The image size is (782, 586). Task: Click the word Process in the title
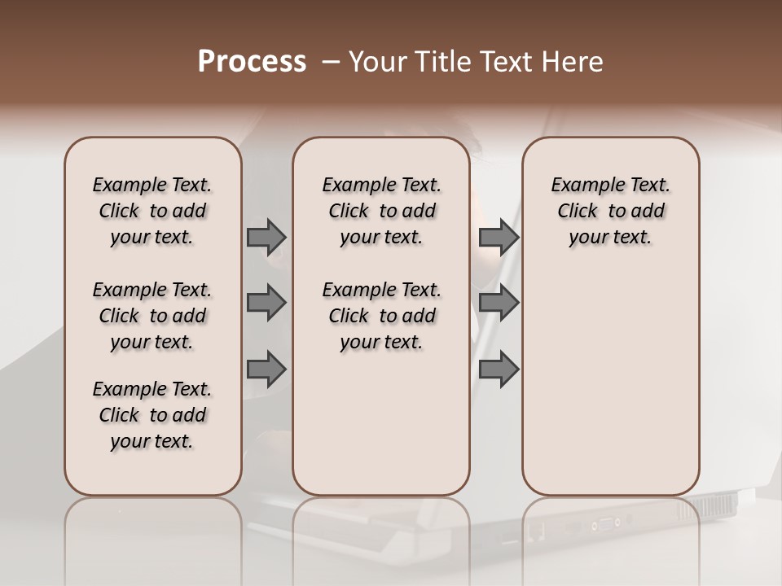(252, 62)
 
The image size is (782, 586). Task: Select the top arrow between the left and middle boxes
(266, 237)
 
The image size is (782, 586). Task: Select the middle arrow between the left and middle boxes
(266, 303)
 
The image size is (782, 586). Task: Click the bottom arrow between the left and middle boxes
(266, 369)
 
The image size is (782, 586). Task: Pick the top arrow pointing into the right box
(499, 237)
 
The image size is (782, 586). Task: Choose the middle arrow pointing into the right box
(499, 303)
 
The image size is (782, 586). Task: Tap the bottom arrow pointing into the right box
(499, 369)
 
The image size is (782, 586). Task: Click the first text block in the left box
(152, 211)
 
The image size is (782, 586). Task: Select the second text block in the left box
(152, 316)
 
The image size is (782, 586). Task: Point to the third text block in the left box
(152, 415)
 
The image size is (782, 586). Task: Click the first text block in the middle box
(381, 211)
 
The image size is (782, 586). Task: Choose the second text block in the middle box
(381, 316)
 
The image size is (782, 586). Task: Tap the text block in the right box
(610, 211)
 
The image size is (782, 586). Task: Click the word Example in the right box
(583, 186)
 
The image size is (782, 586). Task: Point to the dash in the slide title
(330, 63)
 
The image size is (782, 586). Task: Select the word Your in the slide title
(377, 62)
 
